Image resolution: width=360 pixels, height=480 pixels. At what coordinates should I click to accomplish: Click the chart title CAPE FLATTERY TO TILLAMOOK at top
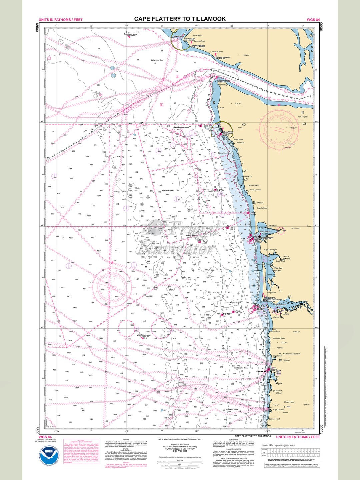pyautogui.click(x=180, y=19)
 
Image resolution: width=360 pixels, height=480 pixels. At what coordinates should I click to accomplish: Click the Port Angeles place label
pyautogui.click(x=303, y=117)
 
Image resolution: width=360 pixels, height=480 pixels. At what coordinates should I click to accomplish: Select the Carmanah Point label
pyautogui.click(x=216, y=52)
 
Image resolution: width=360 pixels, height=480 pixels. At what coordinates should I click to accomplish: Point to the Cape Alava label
pyautogui.click(x=220, y=108)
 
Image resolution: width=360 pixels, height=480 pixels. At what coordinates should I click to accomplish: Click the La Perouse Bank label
pyautogui.click(x=157, y=60)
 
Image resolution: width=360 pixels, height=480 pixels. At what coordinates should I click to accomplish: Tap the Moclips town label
pyautogui.click(x=260, y=203)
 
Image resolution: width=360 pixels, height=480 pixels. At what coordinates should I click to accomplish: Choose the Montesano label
pyautogui.click(x=296, y=228)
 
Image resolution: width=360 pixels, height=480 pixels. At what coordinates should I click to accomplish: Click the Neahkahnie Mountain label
pyautogui.click(x=291, y=354)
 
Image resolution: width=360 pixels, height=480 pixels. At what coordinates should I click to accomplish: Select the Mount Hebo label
pyautogui.click(x=289, y=402)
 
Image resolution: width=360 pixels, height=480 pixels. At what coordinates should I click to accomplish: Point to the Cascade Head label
pyautogui.click(x=274, y=419)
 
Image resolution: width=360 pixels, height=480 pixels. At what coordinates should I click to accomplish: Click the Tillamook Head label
pyautogui.click(x=279, y=338)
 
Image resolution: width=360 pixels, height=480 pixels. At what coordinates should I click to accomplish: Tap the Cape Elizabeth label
pyautogui.click(x=253, y=185)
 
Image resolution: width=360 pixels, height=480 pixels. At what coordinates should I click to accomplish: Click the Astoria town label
pyautogui.click(x=286, y=314)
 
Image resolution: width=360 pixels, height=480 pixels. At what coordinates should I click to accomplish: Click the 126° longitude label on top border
pyautogui.click(x=126, y=25)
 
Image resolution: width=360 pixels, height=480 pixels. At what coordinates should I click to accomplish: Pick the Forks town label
pyautogui.click(x=240, y=128)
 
